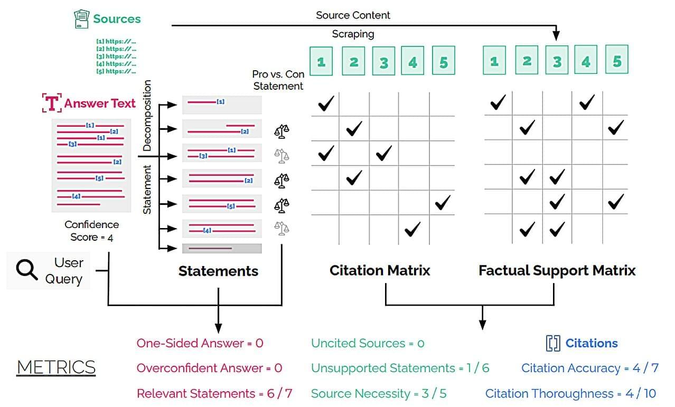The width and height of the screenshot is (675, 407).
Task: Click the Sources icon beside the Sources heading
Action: coord(81,20)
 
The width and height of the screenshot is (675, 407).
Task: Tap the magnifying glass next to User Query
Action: coord(26,270)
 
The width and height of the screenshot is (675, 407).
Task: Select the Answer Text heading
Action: coord(100,103)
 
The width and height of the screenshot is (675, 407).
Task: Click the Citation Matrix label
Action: coord(380,271)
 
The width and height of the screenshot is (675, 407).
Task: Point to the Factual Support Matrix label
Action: coord(557,271)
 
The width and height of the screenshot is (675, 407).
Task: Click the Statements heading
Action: coord(218,271)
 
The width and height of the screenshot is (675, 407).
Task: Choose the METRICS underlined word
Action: coord(56,367)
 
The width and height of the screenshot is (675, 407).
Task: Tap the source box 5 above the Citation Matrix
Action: coord(443,61)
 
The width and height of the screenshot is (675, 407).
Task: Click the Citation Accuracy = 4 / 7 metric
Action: coord(589,368)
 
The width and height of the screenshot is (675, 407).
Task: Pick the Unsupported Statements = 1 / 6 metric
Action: coord(400,368)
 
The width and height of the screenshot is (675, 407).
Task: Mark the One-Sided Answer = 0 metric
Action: coord(200,343)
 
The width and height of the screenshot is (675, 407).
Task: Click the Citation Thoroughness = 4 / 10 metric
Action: coord(571,393)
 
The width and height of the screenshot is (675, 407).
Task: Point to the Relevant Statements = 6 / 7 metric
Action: coord(214,393)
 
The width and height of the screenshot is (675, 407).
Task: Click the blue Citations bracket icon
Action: coord(552,344)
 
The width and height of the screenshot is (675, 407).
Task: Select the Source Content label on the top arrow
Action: coord(353,15)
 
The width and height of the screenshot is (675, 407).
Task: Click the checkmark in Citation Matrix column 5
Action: coord(442,202)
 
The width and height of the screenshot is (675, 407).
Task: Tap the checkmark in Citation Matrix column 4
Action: coord(412,229)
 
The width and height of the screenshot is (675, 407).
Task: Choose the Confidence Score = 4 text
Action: coord(92,231)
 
